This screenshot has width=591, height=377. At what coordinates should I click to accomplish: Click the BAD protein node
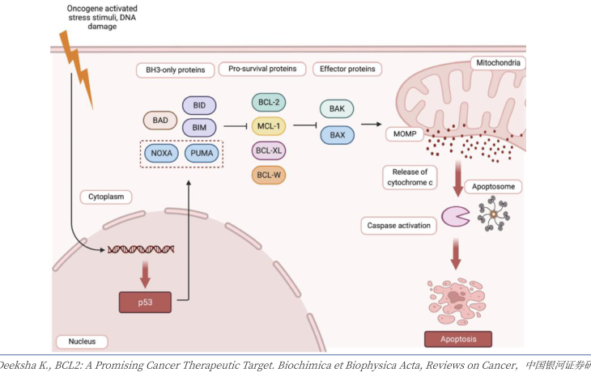159,121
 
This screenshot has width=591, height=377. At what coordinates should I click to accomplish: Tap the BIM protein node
198,128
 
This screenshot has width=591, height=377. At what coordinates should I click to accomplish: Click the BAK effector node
336,108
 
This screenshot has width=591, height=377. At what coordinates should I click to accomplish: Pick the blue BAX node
336,134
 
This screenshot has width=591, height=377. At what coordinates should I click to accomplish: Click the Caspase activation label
398,225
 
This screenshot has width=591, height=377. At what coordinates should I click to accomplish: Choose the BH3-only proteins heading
176,70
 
